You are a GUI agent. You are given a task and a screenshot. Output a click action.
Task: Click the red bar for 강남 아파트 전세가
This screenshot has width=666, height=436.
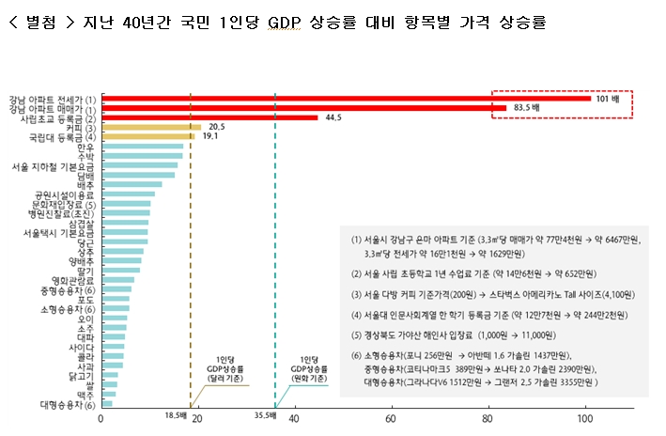338,99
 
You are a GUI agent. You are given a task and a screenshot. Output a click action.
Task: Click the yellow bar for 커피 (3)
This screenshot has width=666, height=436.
150,127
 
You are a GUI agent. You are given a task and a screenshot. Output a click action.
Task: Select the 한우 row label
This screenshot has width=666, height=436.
85,147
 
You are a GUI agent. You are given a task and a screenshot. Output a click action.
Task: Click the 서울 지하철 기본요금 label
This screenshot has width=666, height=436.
53,166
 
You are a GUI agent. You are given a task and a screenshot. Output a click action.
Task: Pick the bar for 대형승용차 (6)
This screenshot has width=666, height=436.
106,404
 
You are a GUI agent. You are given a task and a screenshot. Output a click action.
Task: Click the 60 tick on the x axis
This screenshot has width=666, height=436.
391,420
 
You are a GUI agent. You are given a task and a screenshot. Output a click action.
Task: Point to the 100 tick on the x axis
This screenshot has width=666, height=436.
585,420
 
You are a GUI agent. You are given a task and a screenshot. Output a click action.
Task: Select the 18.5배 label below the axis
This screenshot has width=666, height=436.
177,414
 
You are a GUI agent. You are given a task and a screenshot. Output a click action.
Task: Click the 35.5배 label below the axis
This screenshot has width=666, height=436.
264,414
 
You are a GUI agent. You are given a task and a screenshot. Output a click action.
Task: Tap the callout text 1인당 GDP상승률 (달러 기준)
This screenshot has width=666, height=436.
224,367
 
